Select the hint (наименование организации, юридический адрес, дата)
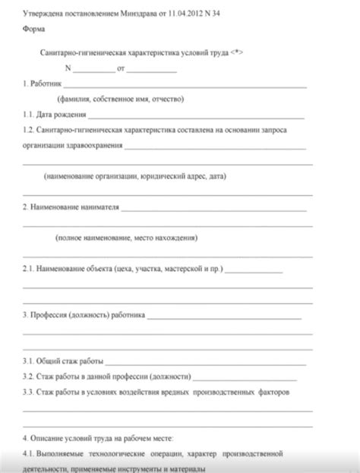(x=135, y=177)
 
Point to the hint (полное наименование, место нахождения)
(x=127, y=238)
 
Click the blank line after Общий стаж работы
(x=197, y=361)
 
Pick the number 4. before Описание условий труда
(x=26, y=438)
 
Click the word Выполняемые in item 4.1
(x=65, y=454)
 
